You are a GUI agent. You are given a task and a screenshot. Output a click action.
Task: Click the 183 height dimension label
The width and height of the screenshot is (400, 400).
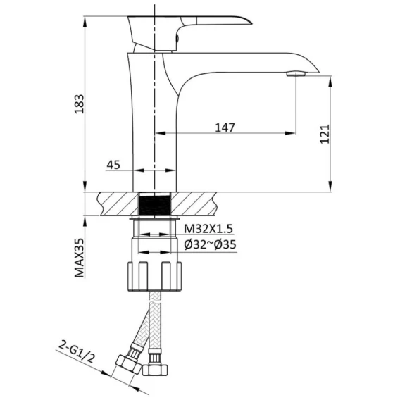click(x=79, y=104)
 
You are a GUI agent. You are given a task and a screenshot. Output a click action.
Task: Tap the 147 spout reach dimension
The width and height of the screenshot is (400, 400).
click(x=225, y=127)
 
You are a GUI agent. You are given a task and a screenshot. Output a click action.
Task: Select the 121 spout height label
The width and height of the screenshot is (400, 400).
click(x=325, y=135)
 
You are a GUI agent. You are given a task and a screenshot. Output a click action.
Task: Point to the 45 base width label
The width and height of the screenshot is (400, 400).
click(x=113, y=165)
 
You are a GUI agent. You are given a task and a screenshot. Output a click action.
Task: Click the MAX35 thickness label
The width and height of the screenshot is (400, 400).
click(x=80, y=258)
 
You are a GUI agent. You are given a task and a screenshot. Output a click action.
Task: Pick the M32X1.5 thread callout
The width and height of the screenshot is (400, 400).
click(x=208, y=229)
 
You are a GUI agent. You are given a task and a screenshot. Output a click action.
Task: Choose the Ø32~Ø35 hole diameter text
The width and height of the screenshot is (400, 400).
click(x=210, y=244)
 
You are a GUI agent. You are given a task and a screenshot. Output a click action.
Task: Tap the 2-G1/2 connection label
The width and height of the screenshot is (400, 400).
click(x=77, y=352)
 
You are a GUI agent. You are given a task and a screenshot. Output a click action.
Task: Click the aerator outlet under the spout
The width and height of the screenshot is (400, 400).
click(x=296, y=74)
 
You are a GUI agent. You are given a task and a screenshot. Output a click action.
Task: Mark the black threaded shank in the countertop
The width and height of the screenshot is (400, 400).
click(x=155, y=204)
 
